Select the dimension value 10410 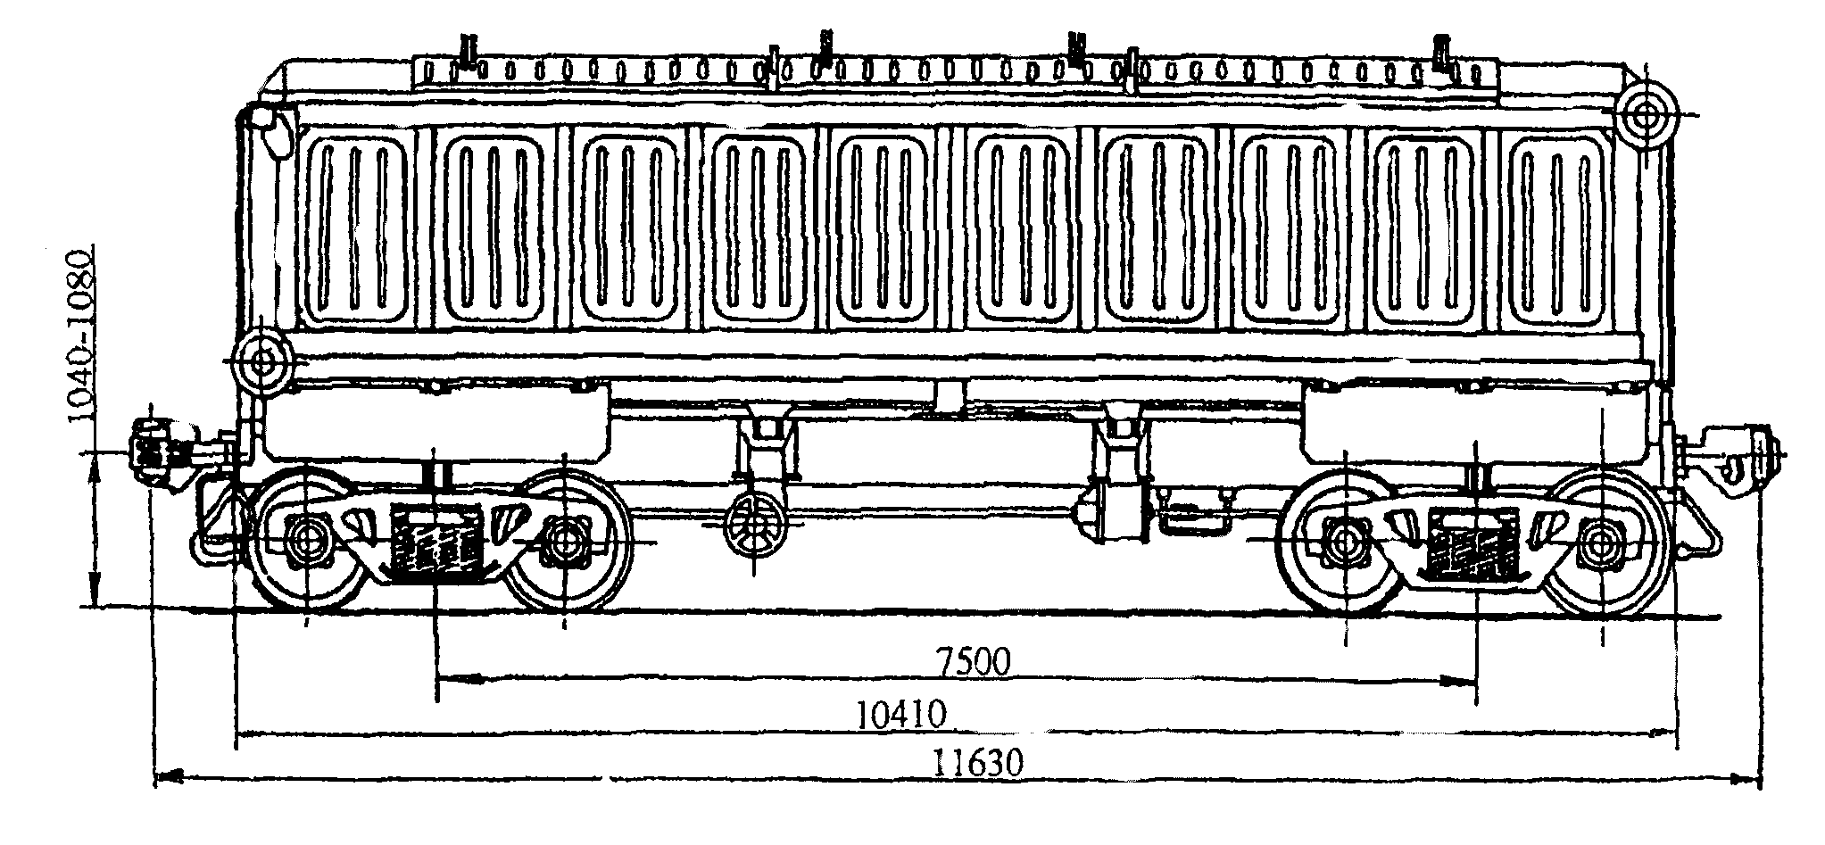click(x=900, y=716)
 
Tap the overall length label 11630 click(x=978, y=764)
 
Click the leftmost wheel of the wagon click(x=307, y=539)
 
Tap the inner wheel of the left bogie click(x=566, y=539)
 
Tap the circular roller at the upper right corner click(x=1643, y=115)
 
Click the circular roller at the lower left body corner click(x=262, y=363)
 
